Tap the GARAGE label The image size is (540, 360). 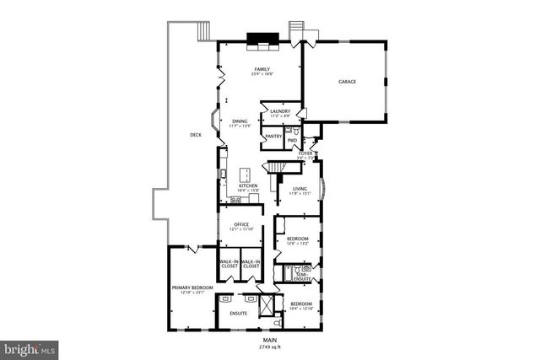click(x=348, y=82)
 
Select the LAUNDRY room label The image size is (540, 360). click(x=280, y=111)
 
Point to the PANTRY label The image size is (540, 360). click(x=273, y=136)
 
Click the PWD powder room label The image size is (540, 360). click(x=292, y=140)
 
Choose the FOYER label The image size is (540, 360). click(x=305, y=153)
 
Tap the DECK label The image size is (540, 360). click(x=196, y=134)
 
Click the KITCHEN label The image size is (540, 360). click(x=248, y=185)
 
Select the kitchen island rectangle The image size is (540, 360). click(x=247, y=175)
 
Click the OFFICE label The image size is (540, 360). click(x=241, y=224)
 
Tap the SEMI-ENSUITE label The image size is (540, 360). click(x=302, y=276)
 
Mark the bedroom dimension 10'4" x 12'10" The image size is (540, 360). click(x=302, y=309)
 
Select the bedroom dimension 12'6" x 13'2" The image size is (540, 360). click(x=297, y=244)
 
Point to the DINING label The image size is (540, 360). click(x=240, y=121)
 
